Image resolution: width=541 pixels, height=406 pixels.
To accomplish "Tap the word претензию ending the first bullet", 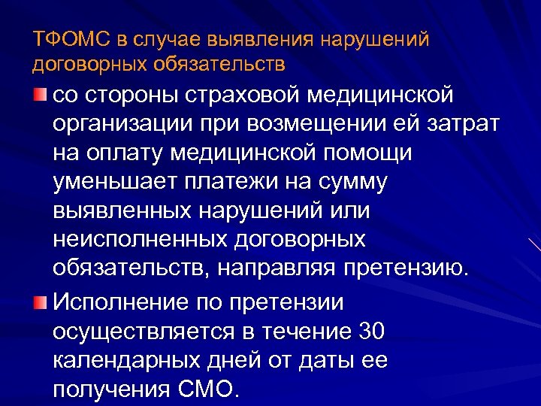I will (406, 269).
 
